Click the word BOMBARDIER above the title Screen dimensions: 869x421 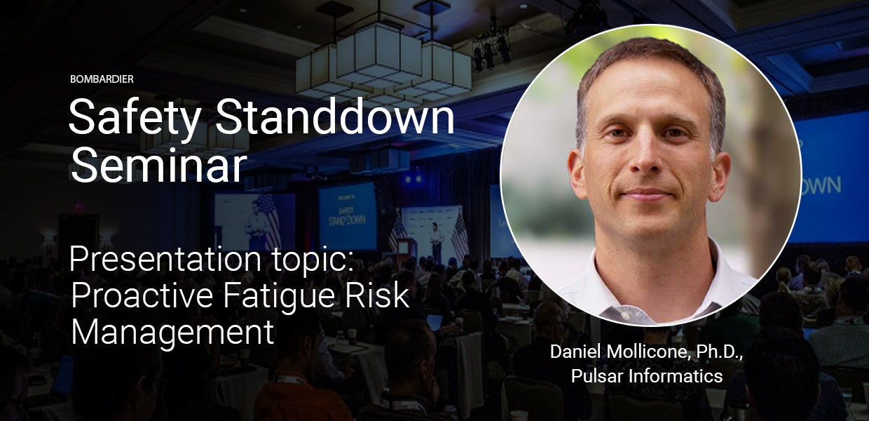tap(102, 79)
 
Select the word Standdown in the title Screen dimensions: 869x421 tap(335, 116)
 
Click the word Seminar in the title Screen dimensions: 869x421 tap(158, 164)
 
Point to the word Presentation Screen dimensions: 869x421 tap(165, 260)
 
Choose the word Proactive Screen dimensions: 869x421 tap(142, 295)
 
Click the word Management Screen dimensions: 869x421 tap(172, 333)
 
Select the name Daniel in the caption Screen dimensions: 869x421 tap(575, 352)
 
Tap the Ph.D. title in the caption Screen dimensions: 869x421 tap(719, 352)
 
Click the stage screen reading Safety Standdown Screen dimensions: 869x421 tap(347, 218)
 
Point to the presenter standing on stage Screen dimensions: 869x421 tap(437, 243)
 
